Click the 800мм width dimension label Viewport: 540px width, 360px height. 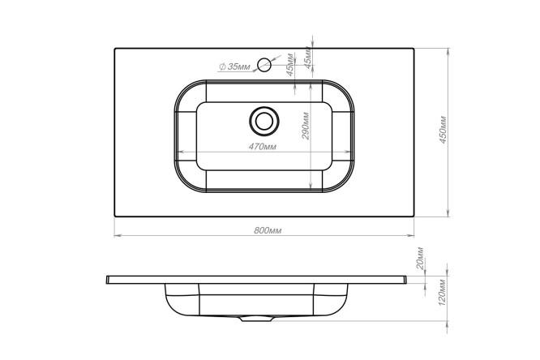click(x=268, y=230)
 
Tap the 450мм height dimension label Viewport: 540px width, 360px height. click(x=443, y=130)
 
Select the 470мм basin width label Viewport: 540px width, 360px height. click(x=263, y=147)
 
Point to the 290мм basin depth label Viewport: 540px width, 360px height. click(x=306, y=126)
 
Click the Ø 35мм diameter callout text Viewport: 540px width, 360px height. click(x=235, y=66)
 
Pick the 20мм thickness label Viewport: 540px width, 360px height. click(x=420, y=258)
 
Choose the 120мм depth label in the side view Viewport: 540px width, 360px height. click(x=443, y=293)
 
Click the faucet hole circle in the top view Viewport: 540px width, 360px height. click(x=264, y=64)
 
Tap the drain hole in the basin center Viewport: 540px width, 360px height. click(x=264, y=121)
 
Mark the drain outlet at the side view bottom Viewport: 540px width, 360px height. click(x=256, y=319)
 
